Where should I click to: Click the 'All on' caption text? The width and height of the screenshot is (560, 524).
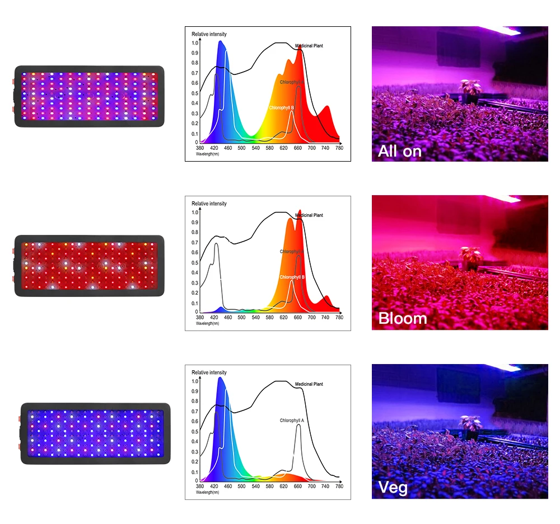[400, 151]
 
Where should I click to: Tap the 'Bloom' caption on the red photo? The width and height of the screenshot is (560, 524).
[403, 318]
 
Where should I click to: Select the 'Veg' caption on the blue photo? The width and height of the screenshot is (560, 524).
[393, 487]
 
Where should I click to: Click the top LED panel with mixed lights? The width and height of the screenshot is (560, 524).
[90, 96]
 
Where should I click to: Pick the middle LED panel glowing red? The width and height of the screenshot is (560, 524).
[90, 266]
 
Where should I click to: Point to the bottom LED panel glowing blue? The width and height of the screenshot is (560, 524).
[95, 434]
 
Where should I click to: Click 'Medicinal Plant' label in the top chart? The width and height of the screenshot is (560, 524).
[309, 46]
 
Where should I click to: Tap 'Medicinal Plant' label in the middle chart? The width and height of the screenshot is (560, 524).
[309, 215]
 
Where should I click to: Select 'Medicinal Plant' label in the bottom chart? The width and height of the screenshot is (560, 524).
[309, 384]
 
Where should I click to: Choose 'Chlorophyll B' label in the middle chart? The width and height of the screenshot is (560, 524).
[292, 277]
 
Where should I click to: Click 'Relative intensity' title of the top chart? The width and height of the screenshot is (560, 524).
[209, 34]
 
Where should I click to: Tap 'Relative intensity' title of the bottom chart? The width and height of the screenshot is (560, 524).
[209, 372]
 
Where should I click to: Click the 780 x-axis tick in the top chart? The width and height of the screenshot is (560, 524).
[339, 148]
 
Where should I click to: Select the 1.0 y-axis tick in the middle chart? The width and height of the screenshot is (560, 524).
[195, 213]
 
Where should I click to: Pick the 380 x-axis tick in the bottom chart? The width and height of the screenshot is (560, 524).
[200, 487]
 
